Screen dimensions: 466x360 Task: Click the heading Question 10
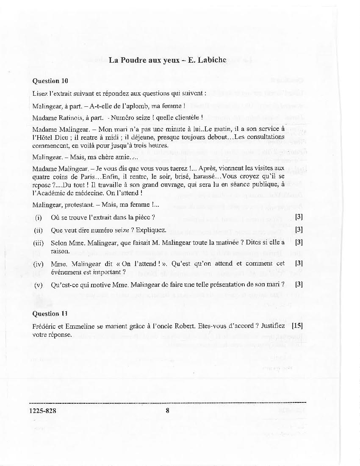(50, 80)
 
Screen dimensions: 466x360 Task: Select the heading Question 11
(50, 313)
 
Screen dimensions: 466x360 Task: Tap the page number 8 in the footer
(168, 410)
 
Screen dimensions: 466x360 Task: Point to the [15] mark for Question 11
(297, 326)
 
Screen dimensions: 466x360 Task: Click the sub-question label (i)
(38, 217)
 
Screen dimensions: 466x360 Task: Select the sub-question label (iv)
(39, 264)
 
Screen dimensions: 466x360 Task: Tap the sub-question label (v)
(39, 284)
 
